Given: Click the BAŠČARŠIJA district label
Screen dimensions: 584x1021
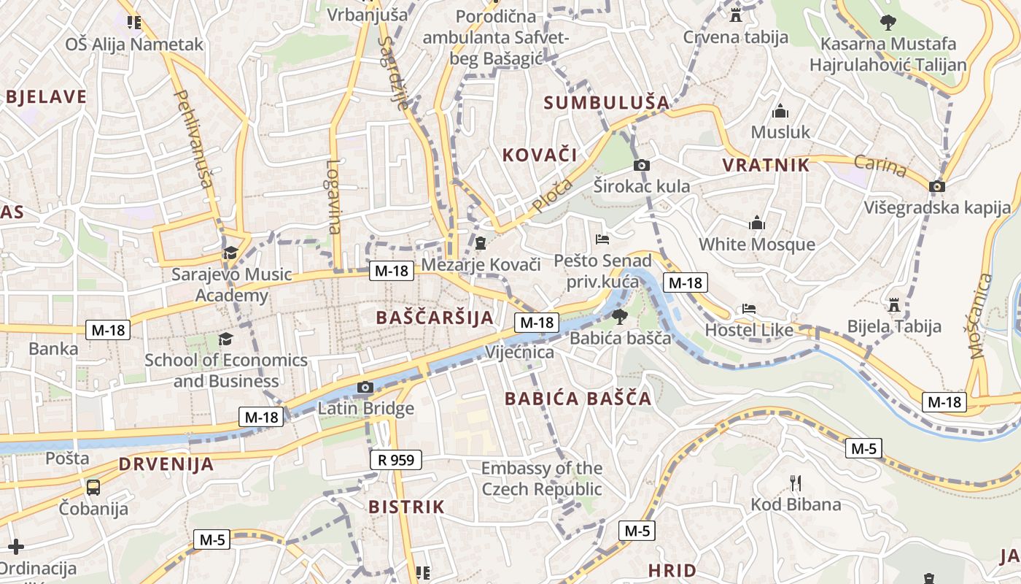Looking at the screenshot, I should [435, 318].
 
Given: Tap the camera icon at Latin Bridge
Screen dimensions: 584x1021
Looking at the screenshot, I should [365, 388].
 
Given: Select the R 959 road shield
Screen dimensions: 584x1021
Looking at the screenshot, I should [396, 460].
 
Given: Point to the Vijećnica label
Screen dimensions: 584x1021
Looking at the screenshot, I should [519, 353].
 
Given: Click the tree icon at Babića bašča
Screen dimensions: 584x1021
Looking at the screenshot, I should [619, 316].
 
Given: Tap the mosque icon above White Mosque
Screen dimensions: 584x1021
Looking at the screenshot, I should [757, 223].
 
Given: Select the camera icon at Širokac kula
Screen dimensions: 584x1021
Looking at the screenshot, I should [642, 165].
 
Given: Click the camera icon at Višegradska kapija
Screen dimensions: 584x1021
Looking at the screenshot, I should [937, 186].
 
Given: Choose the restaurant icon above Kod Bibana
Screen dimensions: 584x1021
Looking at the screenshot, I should [796, 483].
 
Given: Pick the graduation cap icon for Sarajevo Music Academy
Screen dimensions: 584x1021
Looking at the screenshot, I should [231, 253].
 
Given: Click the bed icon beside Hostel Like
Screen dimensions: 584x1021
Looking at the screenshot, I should [749, 309].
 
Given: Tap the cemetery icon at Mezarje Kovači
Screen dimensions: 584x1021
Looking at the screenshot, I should [481, 242].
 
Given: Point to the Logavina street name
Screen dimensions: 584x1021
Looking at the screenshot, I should [334, 197].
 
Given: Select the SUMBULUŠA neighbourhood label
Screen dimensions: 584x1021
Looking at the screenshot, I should [607, 103].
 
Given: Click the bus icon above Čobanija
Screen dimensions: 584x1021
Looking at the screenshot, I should [93, 487].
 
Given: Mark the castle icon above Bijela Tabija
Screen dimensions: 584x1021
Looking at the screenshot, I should [894, 304].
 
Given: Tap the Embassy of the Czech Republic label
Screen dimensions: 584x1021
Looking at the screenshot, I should [541, 479].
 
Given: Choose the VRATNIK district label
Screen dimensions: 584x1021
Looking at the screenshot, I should [766, 165].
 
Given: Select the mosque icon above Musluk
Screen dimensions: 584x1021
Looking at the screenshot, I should [780, 111].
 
